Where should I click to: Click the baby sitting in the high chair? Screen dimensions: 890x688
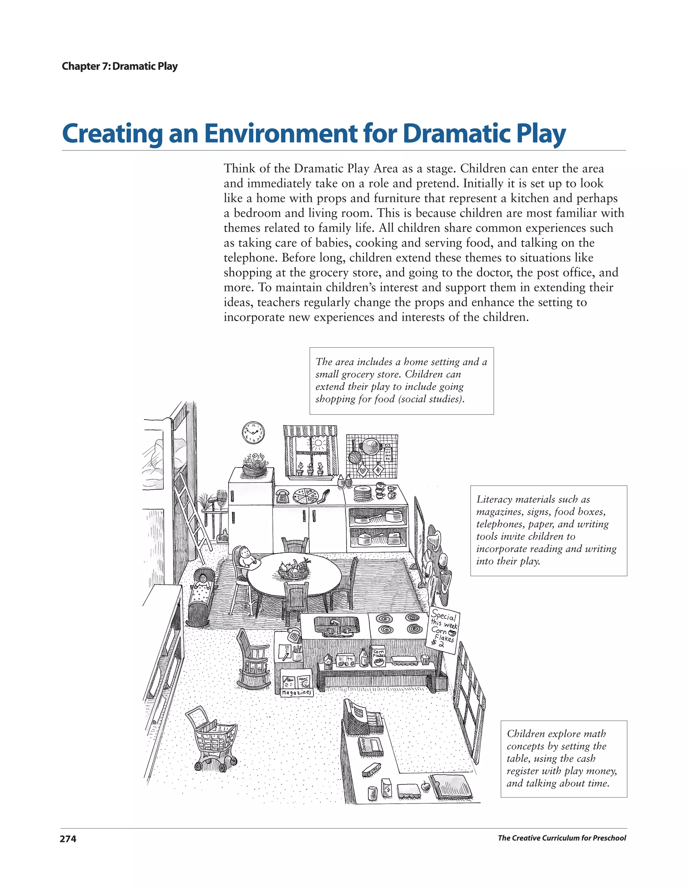coord(246,556)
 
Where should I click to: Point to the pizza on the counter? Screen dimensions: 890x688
coord(308,495)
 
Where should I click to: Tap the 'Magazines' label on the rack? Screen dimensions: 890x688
coord(297,692)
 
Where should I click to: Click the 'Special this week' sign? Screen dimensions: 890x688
coord(444,631)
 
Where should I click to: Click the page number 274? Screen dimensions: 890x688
coord(68,839)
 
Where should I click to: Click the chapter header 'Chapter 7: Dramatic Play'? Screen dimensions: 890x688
coord(119,66)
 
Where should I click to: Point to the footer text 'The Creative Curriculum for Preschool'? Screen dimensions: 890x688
coord(562,838)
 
